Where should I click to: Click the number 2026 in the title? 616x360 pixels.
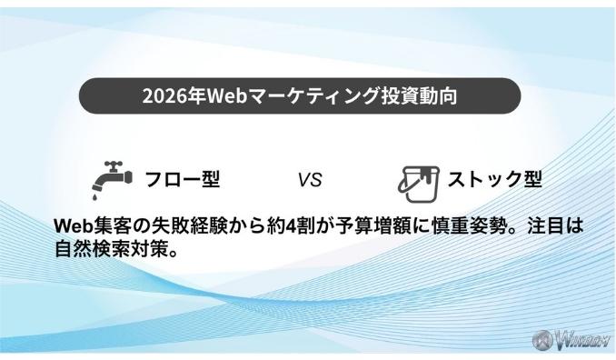pos(161,96)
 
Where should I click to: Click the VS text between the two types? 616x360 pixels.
pos(309,179)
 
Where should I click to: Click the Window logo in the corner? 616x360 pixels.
pos(575,341)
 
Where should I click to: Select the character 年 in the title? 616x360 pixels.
pos(189,96)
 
